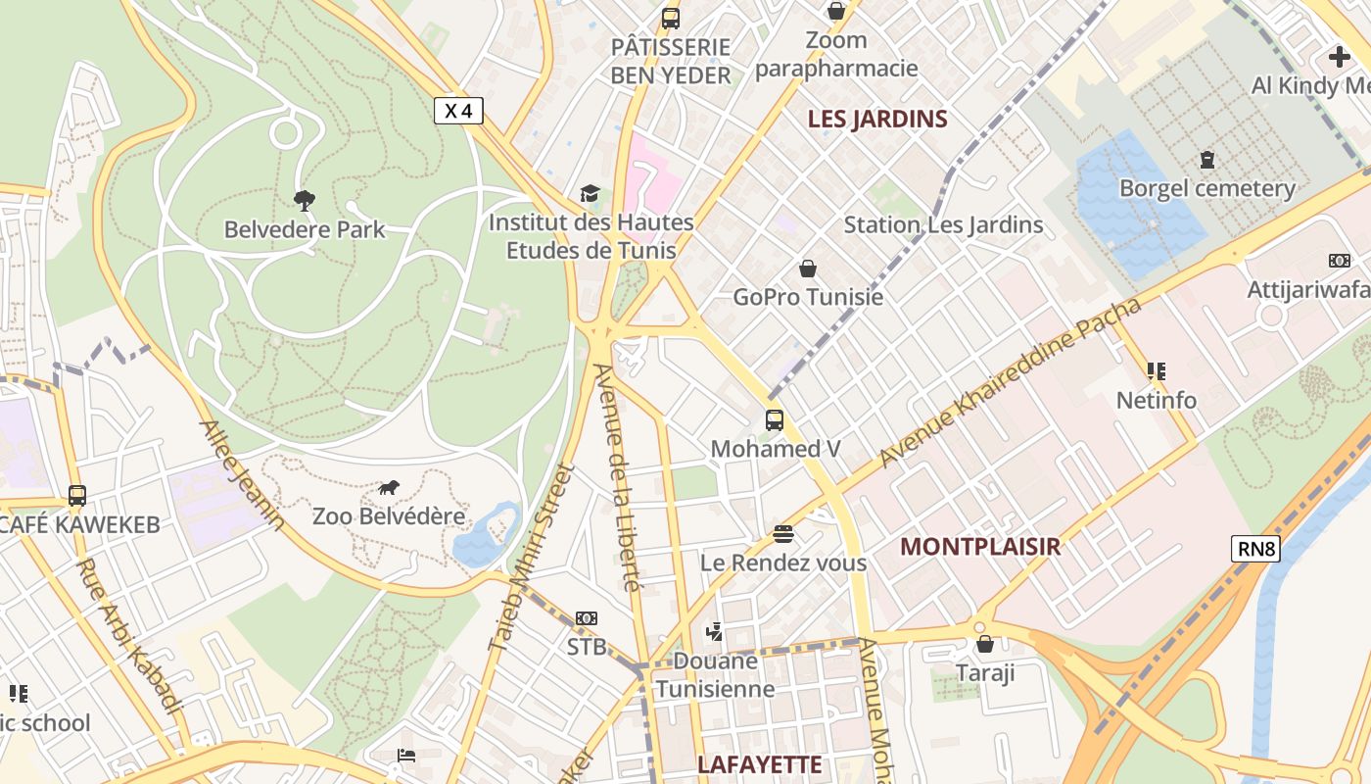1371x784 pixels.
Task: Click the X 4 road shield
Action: [458, 111]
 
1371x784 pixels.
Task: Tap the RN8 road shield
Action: [1256, 549]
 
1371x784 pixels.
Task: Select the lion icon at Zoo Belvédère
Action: [389, 488]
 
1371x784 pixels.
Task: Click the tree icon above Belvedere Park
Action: [305, 201]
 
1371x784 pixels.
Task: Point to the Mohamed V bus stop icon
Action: [775, 420]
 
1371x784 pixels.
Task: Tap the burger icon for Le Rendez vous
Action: [783, 534]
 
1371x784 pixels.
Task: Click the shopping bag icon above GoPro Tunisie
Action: [808, 269]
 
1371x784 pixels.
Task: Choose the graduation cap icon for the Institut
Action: [590, 194]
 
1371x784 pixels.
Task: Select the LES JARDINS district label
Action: [877, 120]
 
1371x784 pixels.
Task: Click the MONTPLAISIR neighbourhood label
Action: [980, 547]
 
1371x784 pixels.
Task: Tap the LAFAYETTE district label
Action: [760, 764]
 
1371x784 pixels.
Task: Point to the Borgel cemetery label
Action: [1206, 188]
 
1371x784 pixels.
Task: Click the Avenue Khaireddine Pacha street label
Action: [1011, 382]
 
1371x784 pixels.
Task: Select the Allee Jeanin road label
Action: [242, 476]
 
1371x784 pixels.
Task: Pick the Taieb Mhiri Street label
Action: [529, 559]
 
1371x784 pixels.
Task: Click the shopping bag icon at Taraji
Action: [985, 645]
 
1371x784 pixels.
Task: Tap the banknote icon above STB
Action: [587, 618]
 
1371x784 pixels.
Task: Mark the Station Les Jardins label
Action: [943, 225]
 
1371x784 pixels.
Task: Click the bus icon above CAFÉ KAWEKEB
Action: [77, 496]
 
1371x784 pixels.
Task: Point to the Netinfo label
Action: [1157, 400]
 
